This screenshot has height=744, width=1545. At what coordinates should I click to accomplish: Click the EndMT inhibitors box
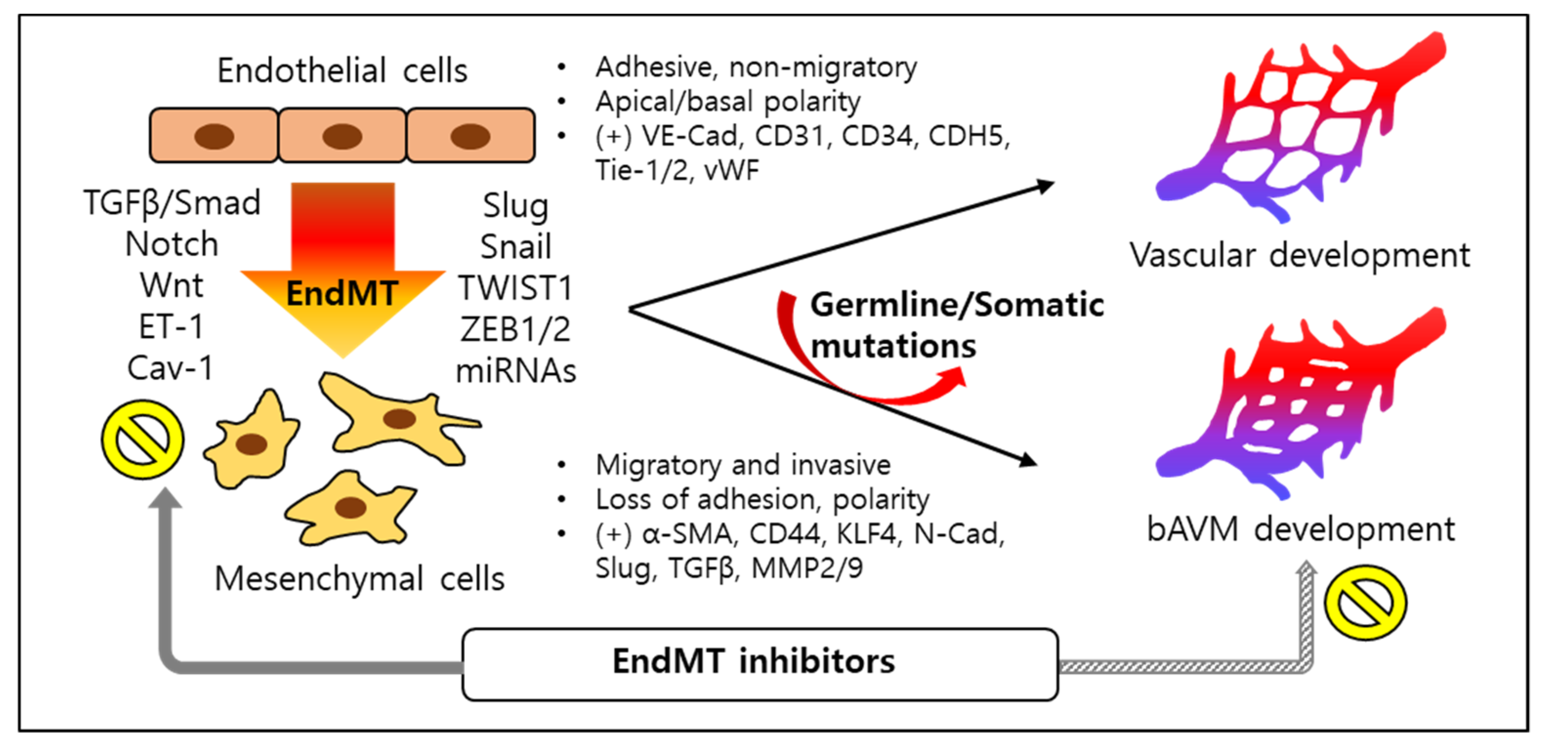[x=759, y=663]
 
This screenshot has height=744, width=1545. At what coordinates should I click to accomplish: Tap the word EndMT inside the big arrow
[x=342, y=294]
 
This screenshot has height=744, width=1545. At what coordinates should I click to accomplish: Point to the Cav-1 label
[x=170, y=368]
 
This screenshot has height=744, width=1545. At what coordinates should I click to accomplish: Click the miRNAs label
[x=516, y=371]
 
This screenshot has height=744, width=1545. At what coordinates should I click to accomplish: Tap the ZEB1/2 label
[x=515, y=330]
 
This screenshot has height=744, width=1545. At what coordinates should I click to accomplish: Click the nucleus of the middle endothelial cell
[x=342, y=136]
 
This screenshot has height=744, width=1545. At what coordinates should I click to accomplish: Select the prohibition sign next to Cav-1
[x=142, y=439]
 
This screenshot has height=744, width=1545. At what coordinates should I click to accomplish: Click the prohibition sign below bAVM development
[x=1365, y=602]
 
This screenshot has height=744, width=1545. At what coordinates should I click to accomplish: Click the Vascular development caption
[x=1300, y=255]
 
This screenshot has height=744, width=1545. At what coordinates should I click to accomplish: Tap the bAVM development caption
[x=1300, y=529]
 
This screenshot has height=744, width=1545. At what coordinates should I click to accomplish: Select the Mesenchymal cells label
[x=359, y=579]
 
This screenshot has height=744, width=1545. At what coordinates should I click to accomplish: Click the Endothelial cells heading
[x=342, y=71]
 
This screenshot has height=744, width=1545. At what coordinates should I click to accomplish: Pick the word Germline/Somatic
[x=957, y=305]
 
